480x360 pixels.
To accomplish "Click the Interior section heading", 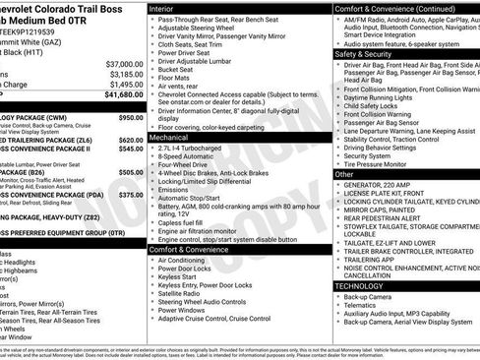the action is pyautogui.click(x=164, y=7).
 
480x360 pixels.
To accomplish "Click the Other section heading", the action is pyautogui.click(x=344, y=173).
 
